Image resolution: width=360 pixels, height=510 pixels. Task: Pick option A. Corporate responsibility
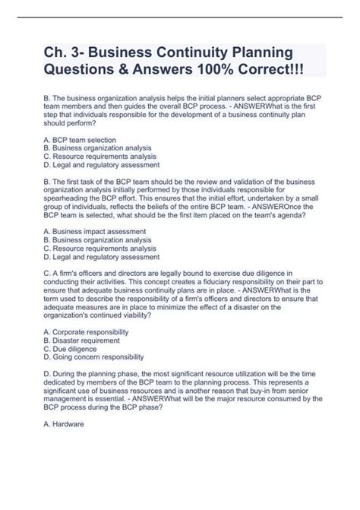pos(87,332)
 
